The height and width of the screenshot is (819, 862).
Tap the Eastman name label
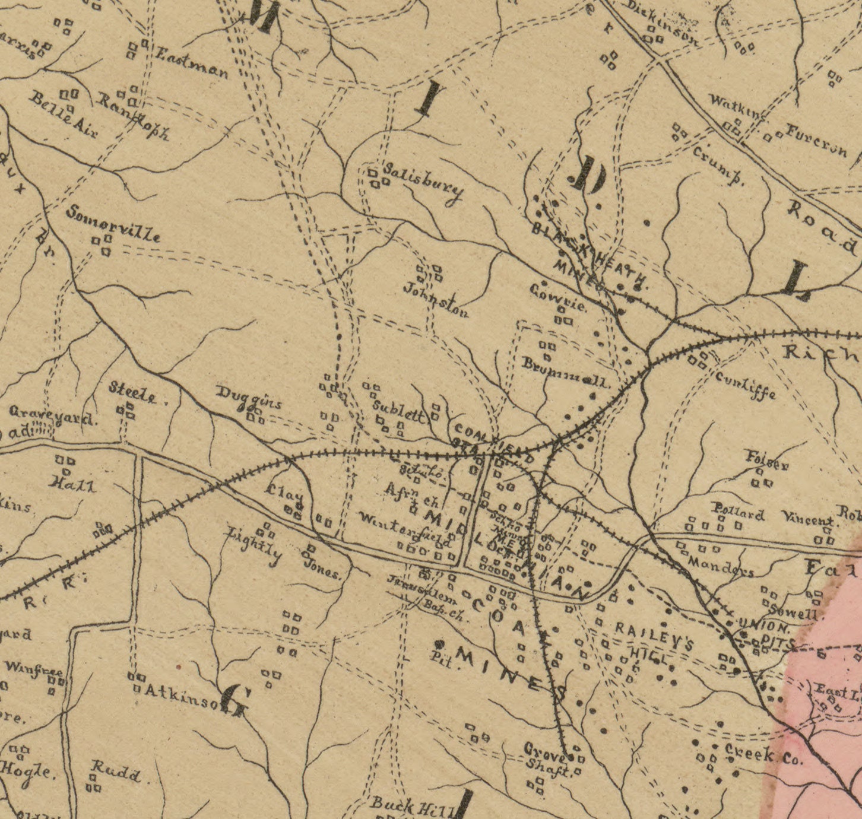tap(191, 64)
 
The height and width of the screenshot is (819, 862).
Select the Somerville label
tap(113, 223)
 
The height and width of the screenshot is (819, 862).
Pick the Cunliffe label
tap(744, 385)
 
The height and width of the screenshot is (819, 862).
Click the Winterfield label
tap(405, 529)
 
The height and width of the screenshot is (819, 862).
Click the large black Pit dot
tap(440, 644)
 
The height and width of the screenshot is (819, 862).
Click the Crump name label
tap(718, 166)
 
